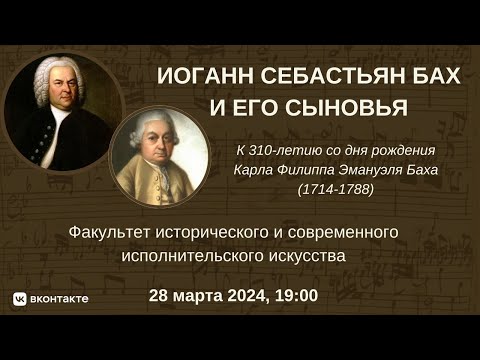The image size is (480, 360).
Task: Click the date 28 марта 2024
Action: pyautogui.click(x=206, y=297)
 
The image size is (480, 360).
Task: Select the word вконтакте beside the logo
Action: pyautogui.click(x=59, y=298)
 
